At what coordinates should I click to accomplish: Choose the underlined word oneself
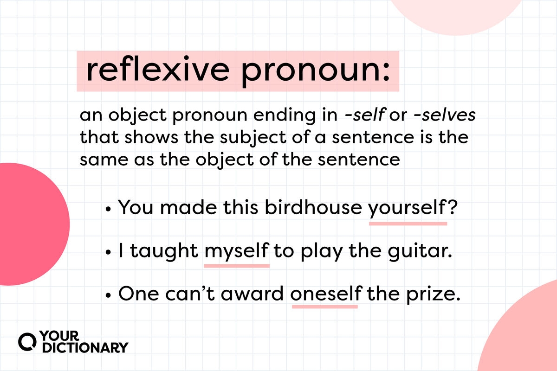(324, 295)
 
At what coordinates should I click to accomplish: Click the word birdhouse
(314, 207)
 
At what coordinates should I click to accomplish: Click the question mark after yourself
(450, 207)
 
